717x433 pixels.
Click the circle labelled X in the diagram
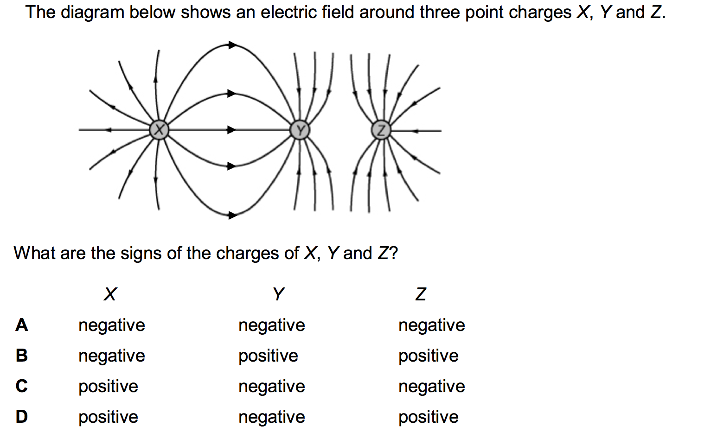(x=159, y=130)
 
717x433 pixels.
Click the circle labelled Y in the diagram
(x=300, y=130)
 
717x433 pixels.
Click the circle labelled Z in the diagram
(x=381, y=130)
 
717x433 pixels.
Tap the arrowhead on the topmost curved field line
(x=232, y=45)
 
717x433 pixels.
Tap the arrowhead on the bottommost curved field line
(x=232, y=215)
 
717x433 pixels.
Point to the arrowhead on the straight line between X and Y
(x=231, y=130)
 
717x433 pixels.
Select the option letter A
(x=21, y=325)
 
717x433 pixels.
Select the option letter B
(x=21, y=356)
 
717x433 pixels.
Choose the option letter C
(x=21, y=386)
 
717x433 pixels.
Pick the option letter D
(x=21, y=417)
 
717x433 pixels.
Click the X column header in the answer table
(x=110, y=294)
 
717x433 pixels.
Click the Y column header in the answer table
(x=278, y=294)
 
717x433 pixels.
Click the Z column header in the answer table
(x=421, y=294)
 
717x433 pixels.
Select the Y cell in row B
(x=268, y=356)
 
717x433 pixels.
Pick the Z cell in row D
(x=428, y=417)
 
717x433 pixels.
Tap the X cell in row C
(x=108, y=386)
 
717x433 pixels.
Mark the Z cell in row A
(x=431, y=325)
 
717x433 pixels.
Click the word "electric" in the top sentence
(x=284, y=12)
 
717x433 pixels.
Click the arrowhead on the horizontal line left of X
(x=109, y=130)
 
